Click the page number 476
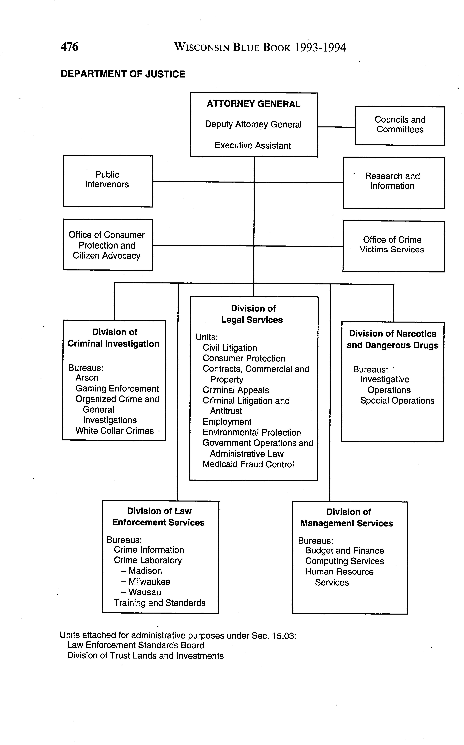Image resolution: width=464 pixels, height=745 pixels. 69,47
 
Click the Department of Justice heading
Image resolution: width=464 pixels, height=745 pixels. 123,74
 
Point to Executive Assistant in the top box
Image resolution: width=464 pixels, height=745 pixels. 253,145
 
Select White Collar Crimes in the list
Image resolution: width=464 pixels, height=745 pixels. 114,431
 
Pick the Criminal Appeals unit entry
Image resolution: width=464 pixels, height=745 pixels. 236,390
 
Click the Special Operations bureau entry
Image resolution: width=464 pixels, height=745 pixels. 397,401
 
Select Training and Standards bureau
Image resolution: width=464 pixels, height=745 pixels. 160,603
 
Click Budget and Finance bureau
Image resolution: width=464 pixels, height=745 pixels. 344,551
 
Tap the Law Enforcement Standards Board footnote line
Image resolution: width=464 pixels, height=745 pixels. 135,645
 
